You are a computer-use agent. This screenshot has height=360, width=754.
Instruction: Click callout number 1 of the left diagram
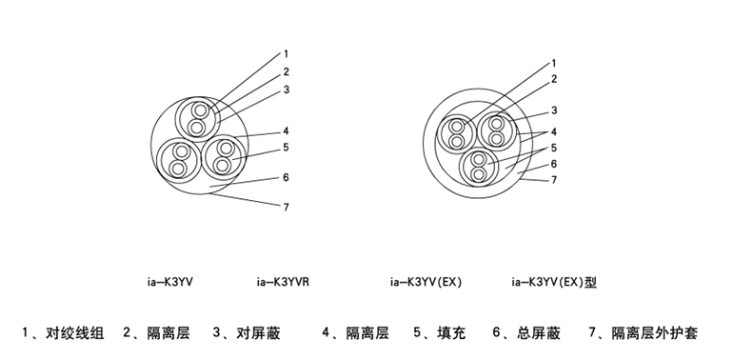click(x=286, y=54)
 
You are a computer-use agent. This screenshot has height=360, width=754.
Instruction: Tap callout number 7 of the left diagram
click(x=287, y=207)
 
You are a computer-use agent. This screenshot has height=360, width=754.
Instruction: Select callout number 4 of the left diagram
click(x=286, y=130)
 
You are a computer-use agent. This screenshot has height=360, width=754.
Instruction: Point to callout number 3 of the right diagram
click(x=554, y=110)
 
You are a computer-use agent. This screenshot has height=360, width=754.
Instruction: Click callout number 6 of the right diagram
click(x=554, y=164)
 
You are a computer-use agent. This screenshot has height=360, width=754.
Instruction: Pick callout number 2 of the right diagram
click(x=554, y=79)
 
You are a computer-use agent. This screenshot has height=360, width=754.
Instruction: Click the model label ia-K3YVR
click(x=283, y=282)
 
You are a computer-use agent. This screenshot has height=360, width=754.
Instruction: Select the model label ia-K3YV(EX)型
click(x=554, y=282)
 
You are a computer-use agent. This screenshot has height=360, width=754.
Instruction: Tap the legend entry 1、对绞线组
click(x=63, y=332)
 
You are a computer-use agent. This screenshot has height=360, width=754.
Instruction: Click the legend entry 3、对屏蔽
click(x=247, y=332)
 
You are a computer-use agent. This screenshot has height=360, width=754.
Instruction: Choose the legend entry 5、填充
click(x=440, y=332)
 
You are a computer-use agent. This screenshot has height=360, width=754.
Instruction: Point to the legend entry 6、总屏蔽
click(x=526, y=332)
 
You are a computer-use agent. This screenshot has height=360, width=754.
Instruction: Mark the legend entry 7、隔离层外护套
click(x=644, y=332)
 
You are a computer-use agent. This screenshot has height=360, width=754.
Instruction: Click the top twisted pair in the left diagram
click(x=198, y=119)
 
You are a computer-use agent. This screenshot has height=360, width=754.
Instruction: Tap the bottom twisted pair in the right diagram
click(x=479, y=167)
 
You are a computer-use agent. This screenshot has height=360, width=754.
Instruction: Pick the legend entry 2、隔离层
click(x=156, y=332)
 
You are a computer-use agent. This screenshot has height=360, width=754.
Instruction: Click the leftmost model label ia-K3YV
click(x=170, y=282)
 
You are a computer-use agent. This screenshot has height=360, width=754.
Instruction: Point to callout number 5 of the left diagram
click(x=286, y=148)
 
